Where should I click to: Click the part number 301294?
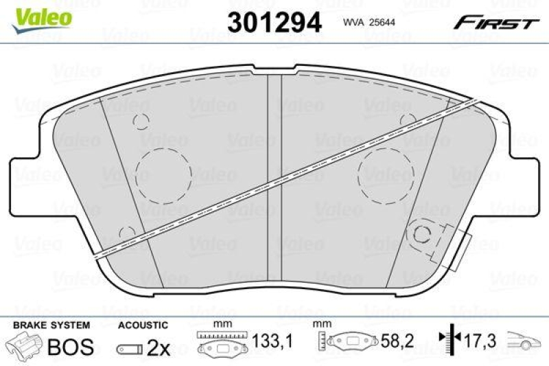point(274,22)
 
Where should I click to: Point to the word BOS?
point(69,347)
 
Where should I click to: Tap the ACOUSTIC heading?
point(142,324)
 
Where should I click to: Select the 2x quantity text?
point(159,348)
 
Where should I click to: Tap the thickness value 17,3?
point(481,341)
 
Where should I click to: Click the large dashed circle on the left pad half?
point(164,174)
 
